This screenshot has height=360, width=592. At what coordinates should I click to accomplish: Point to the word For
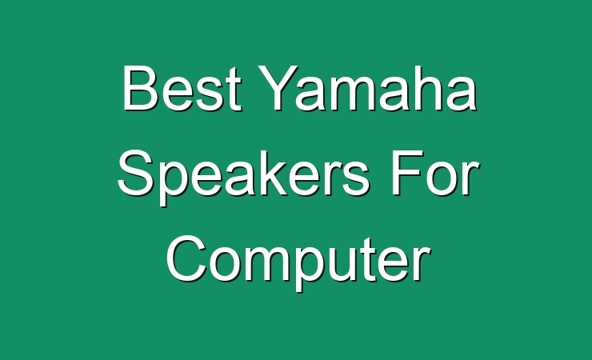(x=434, y=173)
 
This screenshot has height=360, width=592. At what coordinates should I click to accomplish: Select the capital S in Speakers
(x=136, y=173)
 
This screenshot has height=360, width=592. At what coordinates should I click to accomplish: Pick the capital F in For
(x=406, y=173)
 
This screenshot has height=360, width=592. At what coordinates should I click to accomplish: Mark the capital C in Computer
(x=186, y=258)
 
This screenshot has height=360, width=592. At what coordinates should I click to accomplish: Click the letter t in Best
(x=234, y=90)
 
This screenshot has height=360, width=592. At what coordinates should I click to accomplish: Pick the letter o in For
(x=442, y=178)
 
